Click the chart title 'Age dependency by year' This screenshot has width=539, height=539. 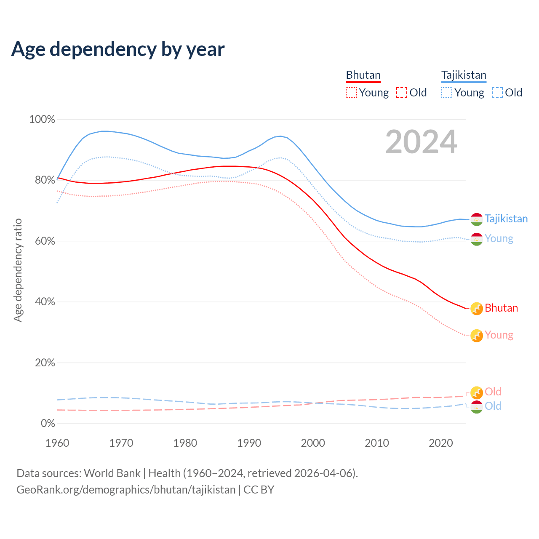(118, 49)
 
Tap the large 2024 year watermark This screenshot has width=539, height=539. (421, 142)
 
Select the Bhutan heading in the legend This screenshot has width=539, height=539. (363, 75)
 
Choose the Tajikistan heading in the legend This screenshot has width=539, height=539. (464, 75)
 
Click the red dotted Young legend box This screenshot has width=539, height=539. (351, 93)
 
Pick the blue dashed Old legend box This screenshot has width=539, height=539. (497, 93)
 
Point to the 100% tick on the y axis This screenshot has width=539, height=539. (42, 120)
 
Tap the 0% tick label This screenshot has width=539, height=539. (48, 424)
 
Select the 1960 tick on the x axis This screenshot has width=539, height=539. (57, 443)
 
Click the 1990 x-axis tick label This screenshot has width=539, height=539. (249, 443)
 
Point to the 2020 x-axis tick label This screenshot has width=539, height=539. (440, 443)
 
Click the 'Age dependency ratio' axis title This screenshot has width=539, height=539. (18, 270)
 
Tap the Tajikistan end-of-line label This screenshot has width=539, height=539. (506, 219)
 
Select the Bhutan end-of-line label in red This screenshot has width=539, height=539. (501, 308)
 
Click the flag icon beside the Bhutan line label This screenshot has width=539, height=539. (476, 309)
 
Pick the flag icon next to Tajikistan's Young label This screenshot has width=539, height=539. (476, 239)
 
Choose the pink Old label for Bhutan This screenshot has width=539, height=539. (493, 392)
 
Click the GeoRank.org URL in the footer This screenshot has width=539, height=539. (126, 490)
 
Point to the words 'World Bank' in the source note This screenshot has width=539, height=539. (112, 473)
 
